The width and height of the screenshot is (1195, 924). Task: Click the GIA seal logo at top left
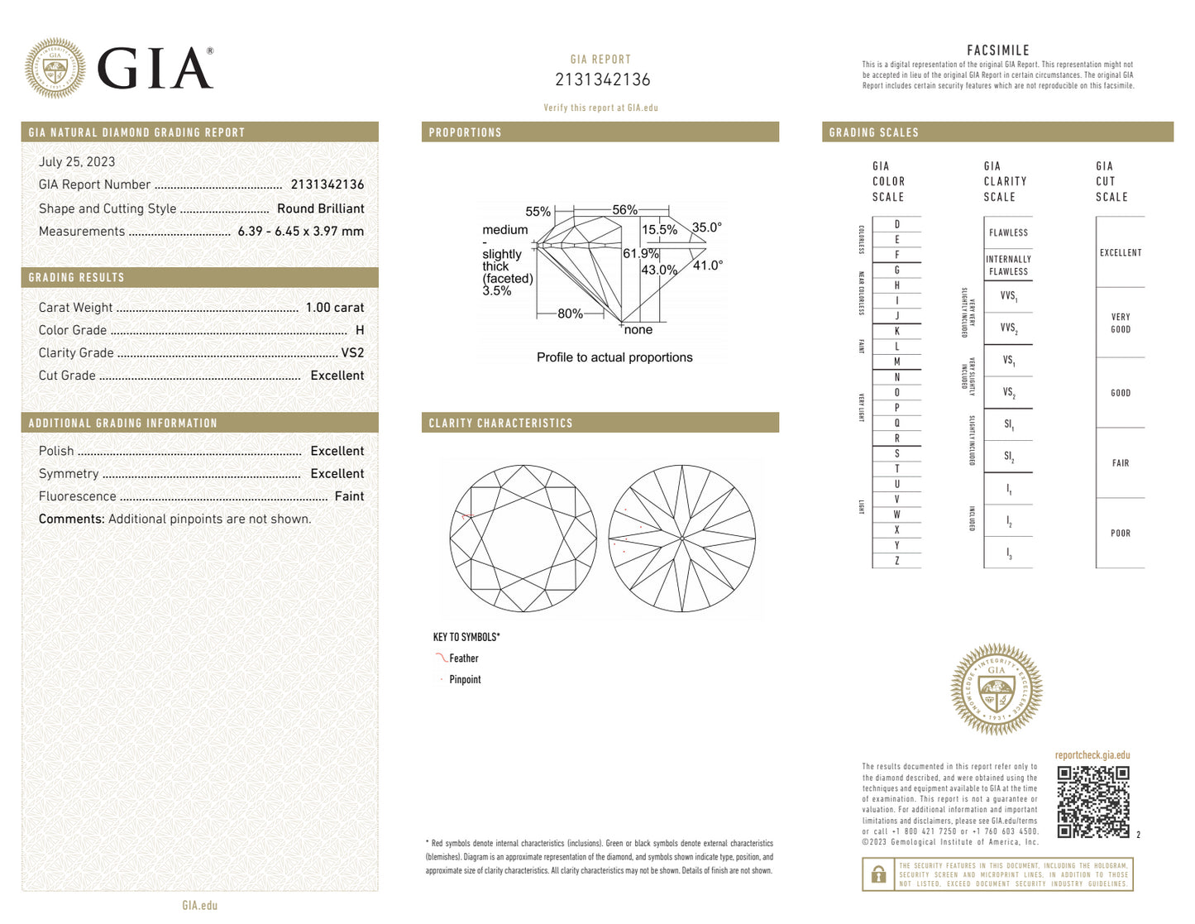click(55, 69)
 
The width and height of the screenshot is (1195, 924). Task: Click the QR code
click(1092, 802)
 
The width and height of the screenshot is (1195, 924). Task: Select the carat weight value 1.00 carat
click(334, 308)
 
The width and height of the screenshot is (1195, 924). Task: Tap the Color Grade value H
click(360, 330)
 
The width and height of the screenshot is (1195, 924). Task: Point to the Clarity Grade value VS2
click(352, 352)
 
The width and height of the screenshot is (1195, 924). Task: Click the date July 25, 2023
click(77, 162)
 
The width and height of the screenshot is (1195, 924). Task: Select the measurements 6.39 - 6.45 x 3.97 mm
click(300, 232)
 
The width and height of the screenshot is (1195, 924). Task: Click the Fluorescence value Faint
click(349, 496)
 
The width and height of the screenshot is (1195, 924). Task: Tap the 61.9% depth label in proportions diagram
click(640, 254)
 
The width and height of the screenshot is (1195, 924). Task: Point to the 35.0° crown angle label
click(707, 227)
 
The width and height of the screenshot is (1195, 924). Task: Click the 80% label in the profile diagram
click(570, 314)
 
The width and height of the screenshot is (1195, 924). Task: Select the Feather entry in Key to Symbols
click(463, 658)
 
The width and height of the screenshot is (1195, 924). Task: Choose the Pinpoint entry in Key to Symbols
click(465, 680)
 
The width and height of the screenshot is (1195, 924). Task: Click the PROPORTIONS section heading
click(465, 132)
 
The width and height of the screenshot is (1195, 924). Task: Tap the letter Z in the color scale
click(896, 561)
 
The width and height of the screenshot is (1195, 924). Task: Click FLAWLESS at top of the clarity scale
click(1008, 233)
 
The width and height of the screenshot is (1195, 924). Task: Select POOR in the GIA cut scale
click(1121, 534)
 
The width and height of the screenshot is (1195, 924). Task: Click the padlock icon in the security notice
click(878, 874)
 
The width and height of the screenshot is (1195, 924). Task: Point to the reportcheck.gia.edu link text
click(1092, 755)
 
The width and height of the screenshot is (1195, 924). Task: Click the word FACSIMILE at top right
click(998, 50)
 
